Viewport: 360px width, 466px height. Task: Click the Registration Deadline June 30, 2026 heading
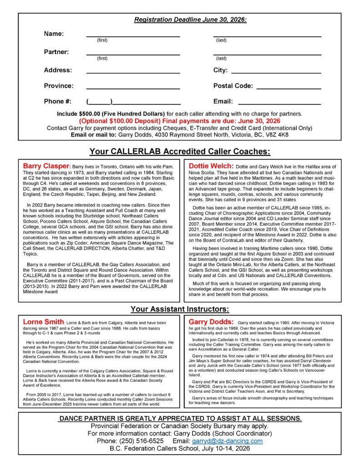pyautogui.click(x=190, y=20)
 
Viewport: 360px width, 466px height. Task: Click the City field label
pyautogui.click(x=220, y=70)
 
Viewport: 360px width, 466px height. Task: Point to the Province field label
pyautogui.click(x=58, y=86)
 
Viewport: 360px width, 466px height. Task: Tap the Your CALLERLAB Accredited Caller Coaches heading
pyautogui.click(x=180, y=151)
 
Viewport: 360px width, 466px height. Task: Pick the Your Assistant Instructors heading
pyautogui.click(x=180, y=309)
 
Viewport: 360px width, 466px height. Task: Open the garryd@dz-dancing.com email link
pyautogui.click(x=233, y=441)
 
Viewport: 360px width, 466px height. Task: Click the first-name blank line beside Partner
pyautogui.click(x=133, y=54)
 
